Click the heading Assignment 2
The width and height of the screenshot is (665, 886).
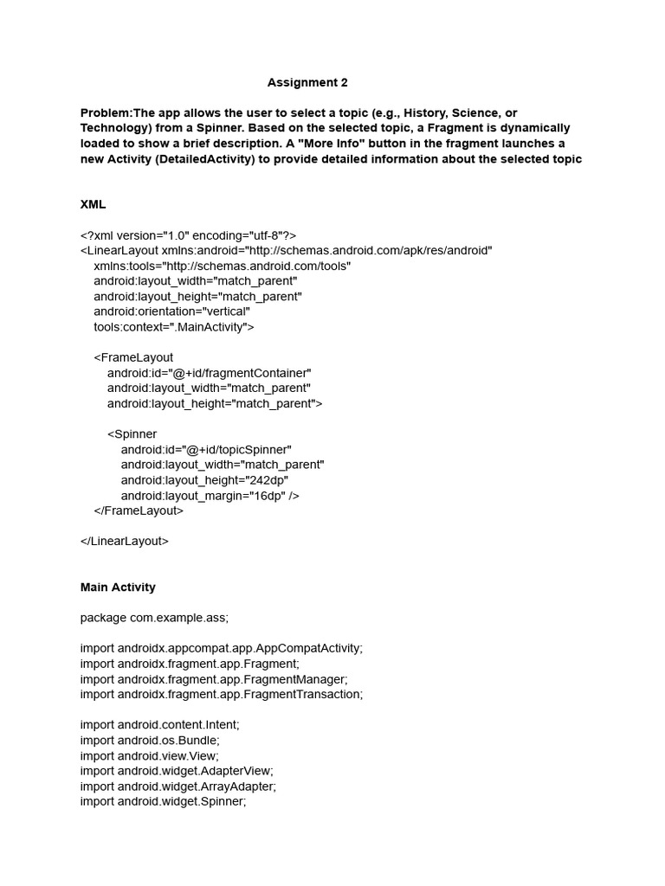[x=307, y=83]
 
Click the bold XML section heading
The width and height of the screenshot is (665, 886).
[x=93, y=205]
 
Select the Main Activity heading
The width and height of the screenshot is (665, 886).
[x=118, y=587]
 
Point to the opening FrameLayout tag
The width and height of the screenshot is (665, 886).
[x=133, y=357]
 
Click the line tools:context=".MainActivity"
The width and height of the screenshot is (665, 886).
[x=174, y=327]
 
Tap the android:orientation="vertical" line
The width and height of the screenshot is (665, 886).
[x=171, y=311]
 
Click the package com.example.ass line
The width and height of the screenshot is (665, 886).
[x=154, y=618]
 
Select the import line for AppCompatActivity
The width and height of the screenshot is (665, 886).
[x=222, y=649]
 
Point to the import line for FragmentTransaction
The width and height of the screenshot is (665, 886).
[x=222, y=695]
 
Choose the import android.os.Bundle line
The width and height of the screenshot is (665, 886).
[x=150, y=741]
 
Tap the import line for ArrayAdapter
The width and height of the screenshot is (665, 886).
[x=178, y=786]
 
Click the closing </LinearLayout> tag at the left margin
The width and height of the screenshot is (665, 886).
[x=125, y=542]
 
